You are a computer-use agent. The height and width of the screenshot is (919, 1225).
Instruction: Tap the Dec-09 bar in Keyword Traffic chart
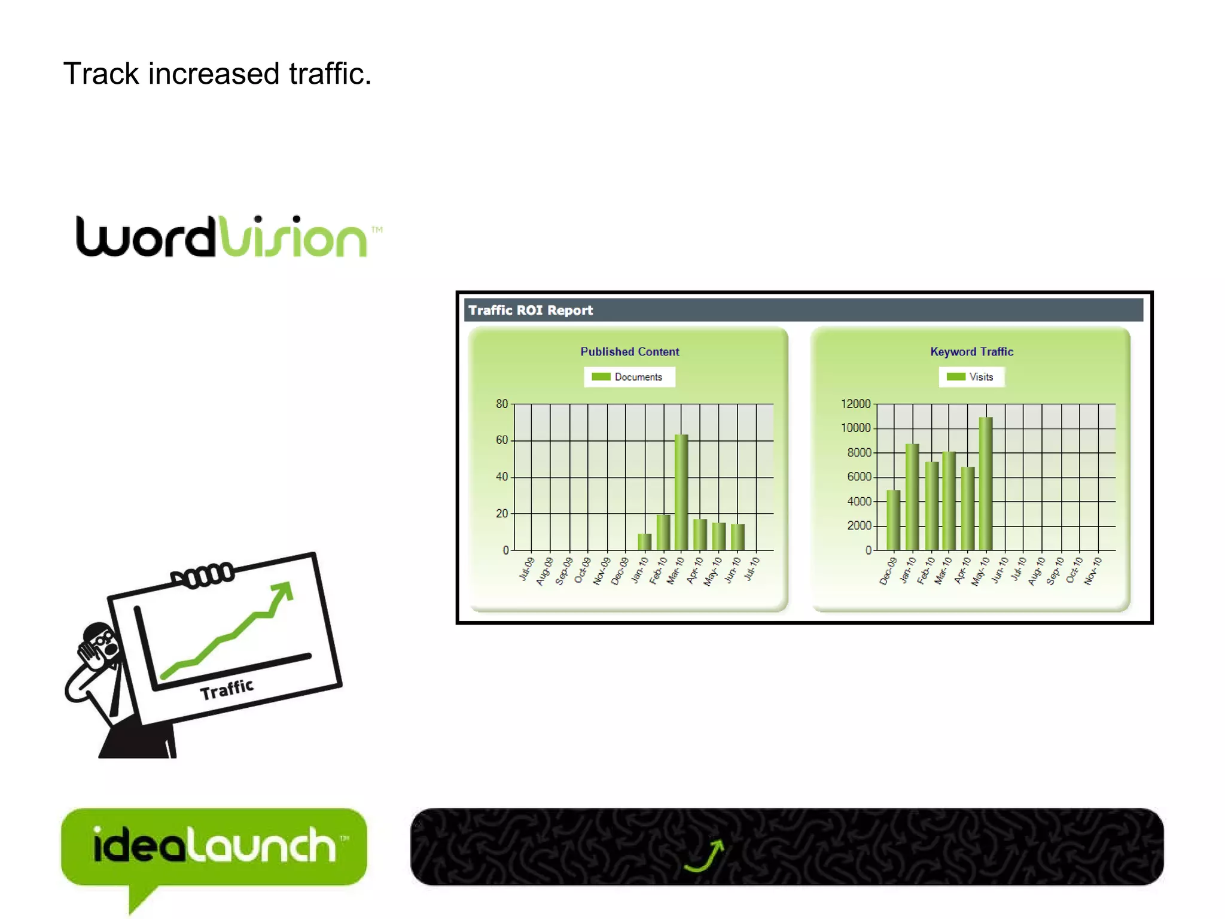coord(893,520)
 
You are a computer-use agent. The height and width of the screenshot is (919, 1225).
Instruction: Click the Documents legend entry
coord(629,377)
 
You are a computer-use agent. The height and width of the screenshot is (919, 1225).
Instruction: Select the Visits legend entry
coord(972,377)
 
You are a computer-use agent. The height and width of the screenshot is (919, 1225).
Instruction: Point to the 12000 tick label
coord(855,404)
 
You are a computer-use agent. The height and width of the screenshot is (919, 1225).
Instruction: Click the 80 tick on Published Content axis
coord(501,404)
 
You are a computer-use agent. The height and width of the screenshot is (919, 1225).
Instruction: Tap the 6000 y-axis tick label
coord(859,477)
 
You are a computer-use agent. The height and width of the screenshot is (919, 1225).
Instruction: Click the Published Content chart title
coord(630,352)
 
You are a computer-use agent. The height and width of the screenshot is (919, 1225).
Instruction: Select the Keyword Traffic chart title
coord(971,352)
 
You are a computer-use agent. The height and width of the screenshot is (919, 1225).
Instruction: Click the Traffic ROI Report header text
coord(531,311)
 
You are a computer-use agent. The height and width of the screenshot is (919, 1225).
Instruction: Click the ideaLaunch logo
coord(214,846)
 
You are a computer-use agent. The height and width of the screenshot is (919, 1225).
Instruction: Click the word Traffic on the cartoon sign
coord(227,689)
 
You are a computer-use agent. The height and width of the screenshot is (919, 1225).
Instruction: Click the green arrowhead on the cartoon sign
coord(283,592)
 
